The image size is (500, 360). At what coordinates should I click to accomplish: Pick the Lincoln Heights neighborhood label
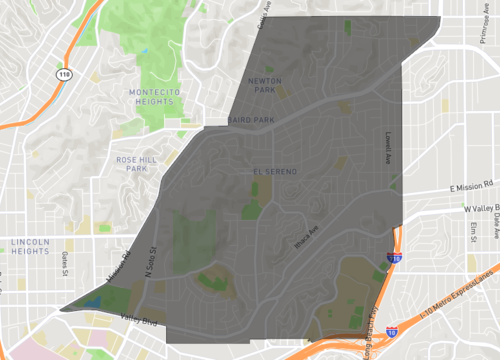(37, 247)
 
